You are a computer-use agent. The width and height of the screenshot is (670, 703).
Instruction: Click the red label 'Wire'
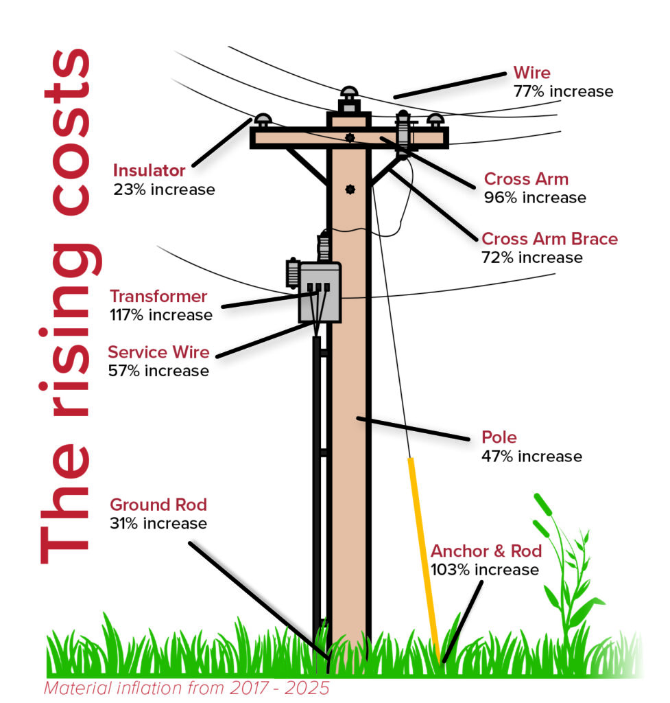click(531, 73)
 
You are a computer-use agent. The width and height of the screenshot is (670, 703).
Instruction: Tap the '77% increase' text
click(563, 91)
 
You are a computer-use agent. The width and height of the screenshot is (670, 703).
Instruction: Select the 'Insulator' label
click(149, 170)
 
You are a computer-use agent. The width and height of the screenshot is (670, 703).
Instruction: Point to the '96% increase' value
click(535, 198)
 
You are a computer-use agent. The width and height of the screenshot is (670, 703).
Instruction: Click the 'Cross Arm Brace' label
click(549, 239)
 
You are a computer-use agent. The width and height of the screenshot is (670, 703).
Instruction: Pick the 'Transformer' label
click(158, 297)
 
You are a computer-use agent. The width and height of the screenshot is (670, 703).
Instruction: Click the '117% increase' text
click(160, 315)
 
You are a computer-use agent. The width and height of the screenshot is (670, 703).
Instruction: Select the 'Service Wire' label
click(158, 352)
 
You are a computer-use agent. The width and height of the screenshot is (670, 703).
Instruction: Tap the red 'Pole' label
click(499, 437)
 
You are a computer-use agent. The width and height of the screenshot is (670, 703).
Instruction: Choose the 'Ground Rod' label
click(158, 505)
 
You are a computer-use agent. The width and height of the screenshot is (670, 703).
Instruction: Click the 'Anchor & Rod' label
click(486, 551)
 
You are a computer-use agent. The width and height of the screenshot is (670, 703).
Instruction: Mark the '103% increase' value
click(485, 569)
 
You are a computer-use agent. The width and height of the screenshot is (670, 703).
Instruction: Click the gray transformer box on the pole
click(320, 292)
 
